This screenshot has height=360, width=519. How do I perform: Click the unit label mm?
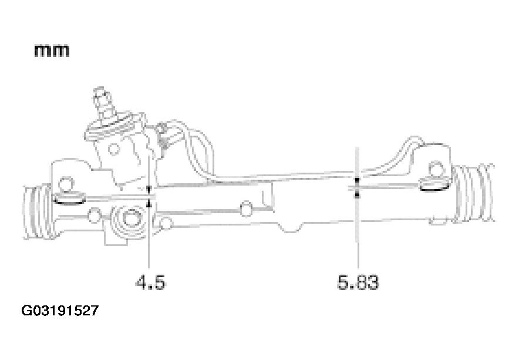tap(52, 51)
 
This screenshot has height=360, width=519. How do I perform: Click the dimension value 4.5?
tap(150, 282)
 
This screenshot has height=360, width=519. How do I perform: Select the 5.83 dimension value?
tap(358, 282)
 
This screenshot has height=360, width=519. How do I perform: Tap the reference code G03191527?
tap(60, 311)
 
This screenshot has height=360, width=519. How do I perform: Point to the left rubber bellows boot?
tap(37, 211)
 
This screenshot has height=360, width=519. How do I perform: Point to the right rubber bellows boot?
tap(474, 193)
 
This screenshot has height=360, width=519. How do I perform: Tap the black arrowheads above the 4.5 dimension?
tap(149, 196)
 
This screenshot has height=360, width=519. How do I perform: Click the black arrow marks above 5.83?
tap(357, 187)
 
